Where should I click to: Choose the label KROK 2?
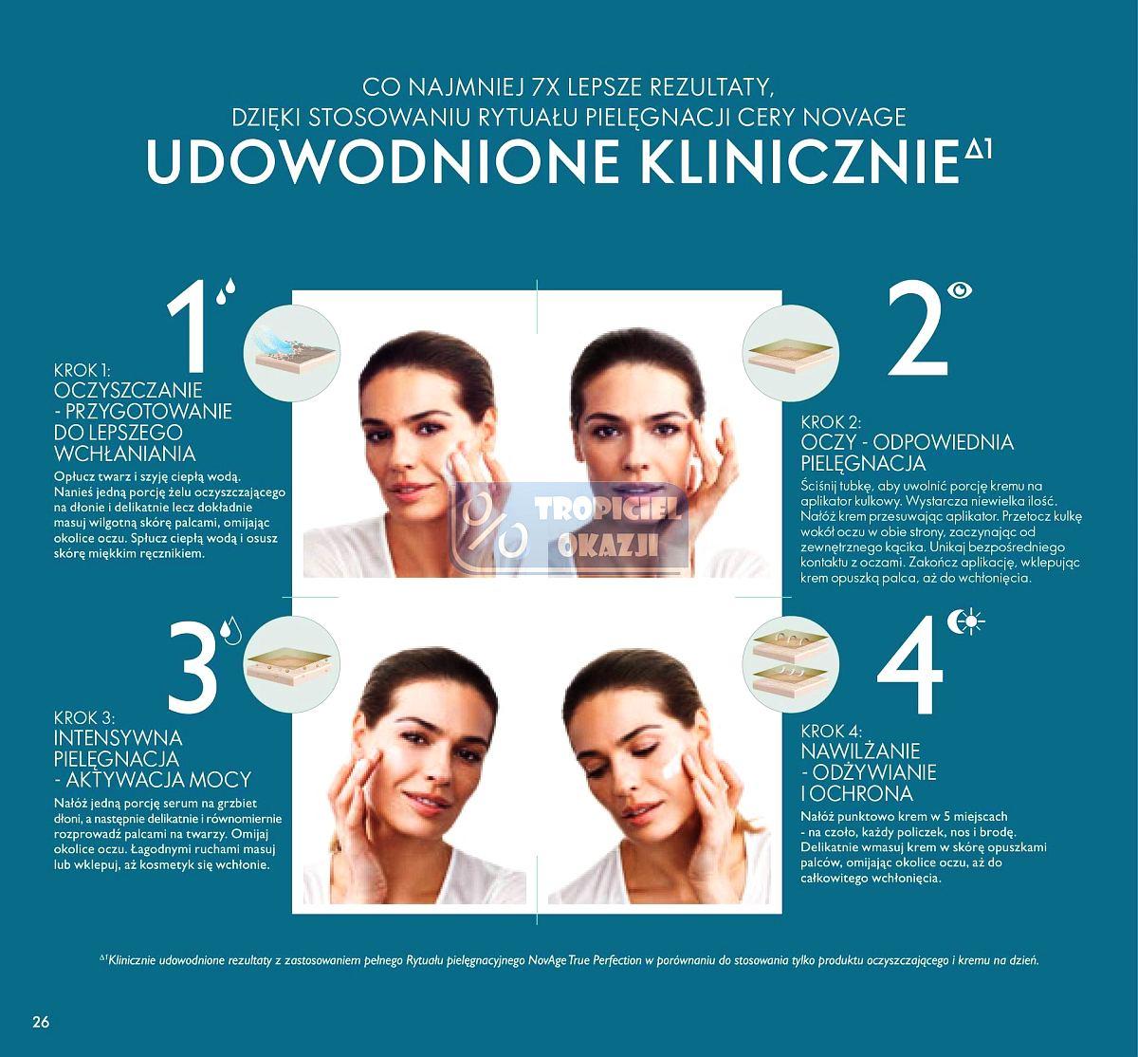click(x=832, y=422)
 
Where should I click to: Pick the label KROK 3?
click(x=85, y=718)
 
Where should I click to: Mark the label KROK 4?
click(x=831, y=731)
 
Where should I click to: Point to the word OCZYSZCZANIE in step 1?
click(x=130, y=391)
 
